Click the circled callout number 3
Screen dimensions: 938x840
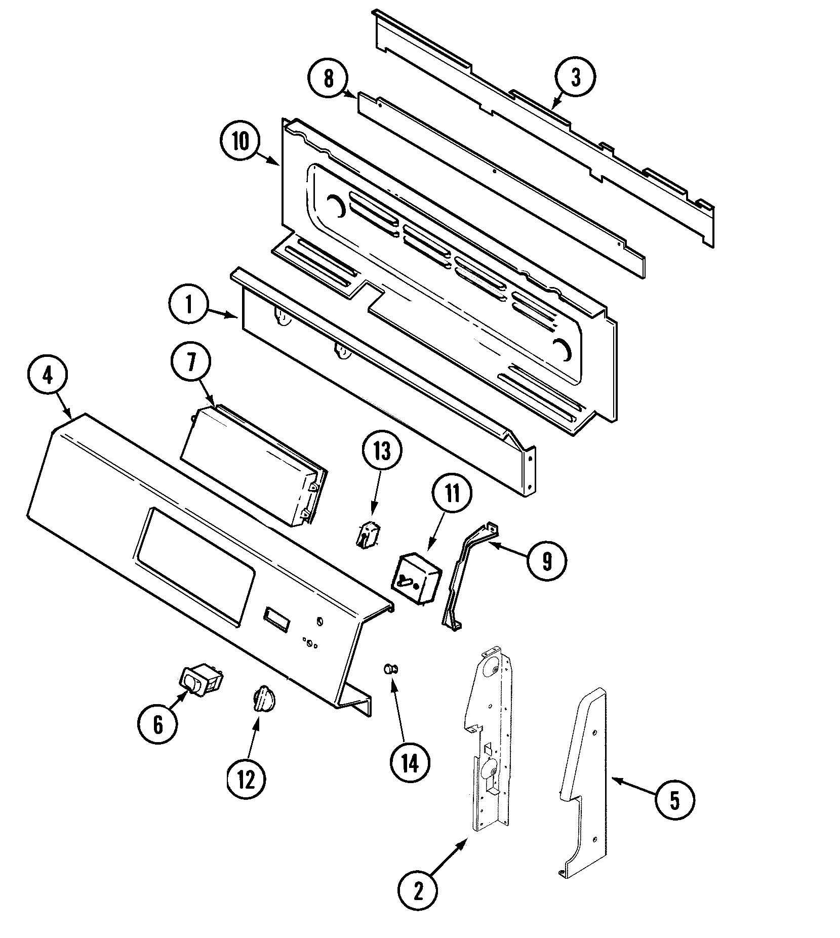[x=575, y=77]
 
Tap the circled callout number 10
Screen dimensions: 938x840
[x=241, y=141]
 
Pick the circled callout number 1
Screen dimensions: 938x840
[x=189, y=305]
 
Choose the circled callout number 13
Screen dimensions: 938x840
[x=382, y=451]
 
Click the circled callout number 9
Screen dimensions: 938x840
[x=546, y=560]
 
